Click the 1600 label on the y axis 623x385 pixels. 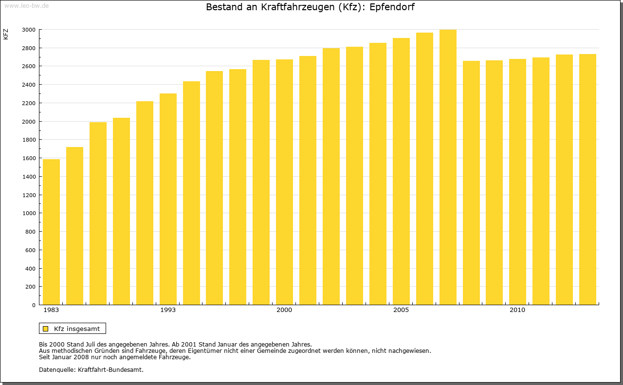pos(29,158)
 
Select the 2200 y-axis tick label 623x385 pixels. pos(29,103)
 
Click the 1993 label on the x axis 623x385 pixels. pos(168,310)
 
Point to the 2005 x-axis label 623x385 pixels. pos(401,310)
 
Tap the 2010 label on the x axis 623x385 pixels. pos(517,310)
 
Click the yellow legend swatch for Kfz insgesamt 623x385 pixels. pos(45,329)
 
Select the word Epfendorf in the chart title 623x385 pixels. pos(392,7)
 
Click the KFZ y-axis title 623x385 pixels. pos(6,34)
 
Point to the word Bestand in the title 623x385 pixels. pos(224,7)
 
